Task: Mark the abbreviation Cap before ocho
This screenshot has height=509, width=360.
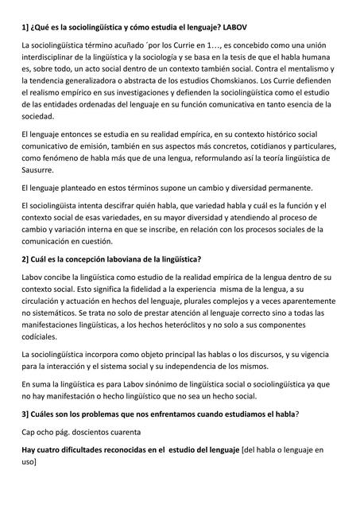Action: pos(29,432)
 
